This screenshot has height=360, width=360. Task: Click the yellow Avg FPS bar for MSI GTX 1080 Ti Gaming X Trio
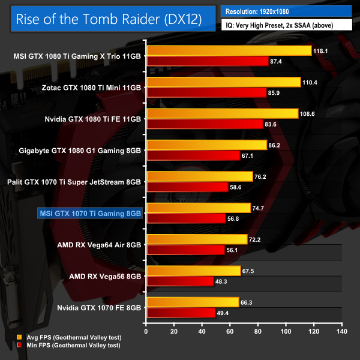click(228, 50)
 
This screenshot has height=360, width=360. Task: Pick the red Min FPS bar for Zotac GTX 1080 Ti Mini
click(206, 92)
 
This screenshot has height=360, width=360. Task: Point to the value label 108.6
click(308, 113)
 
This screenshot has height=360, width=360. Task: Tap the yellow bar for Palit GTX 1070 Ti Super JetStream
click(199, 176)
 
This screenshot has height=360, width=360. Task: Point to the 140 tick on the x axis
click(342, 331)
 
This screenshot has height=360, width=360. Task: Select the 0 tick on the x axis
click(146, 331)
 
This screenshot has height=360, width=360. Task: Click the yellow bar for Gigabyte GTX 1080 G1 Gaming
click(206, 145)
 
